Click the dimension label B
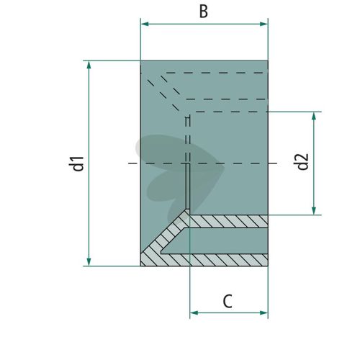coord(204,12)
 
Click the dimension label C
coord(228,301)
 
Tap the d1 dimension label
coord(76,163)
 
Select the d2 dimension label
coord(302,161)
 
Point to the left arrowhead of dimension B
coord(145,24)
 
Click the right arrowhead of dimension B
coord(264,24)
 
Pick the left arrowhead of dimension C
coord(194,313)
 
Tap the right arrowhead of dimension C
coord(264,313)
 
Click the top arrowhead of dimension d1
coord(89,65)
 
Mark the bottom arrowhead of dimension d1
coord(89,261)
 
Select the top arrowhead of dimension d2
coord(314,116)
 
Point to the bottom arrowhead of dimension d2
coord(314,210)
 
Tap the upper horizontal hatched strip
coord(229,221)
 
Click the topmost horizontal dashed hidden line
coord(217,73)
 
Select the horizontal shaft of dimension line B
coord(204,24)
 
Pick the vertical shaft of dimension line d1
coord(89,163)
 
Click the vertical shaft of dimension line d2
coord(314,163)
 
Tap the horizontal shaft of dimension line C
coord(229,313)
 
